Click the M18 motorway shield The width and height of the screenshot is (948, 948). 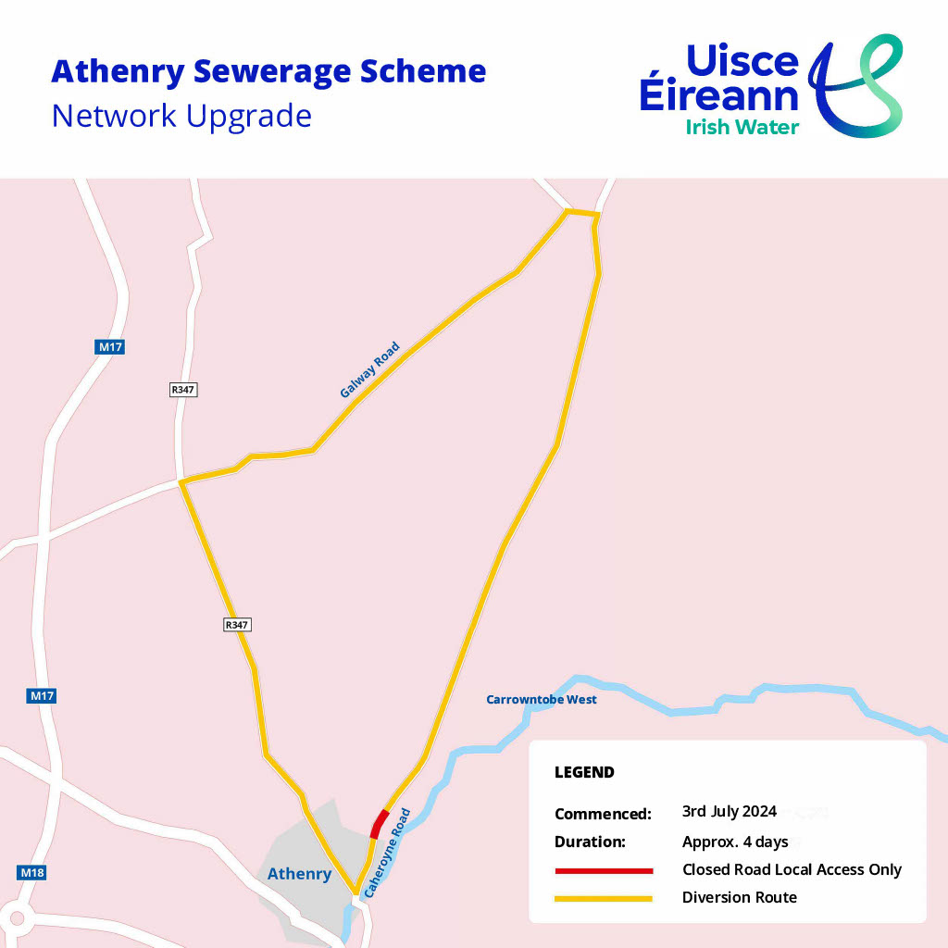(x=31, y=872)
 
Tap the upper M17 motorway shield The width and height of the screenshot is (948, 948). (x=110, y=347)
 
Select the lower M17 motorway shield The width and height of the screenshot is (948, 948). (x=42, y=696)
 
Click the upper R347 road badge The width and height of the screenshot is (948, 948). (x=183, y=390)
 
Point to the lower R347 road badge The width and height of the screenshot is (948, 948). (x=238, y=625)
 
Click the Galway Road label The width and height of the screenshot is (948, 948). (x=369, y=370)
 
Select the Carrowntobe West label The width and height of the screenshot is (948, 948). (x=542, y=700)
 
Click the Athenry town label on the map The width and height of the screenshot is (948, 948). (x=299, y=874)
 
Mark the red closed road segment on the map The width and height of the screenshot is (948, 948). (x=380, y=822)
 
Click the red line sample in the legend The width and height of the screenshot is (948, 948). (x=604, y=871)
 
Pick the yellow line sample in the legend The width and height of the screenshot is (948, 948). (x=604, y=898)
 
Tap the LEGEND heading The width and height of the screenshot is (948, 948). (x=584, y=772)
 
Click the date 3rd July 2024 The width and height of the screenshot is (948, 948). (x=730, y=812)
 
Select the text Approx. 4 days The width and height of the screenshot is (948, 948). (x=735, y=842)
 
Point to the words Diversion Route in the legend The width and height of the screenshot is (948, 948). (x=740, y=897)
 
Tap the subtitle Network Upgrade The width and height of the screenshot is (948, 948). (x=181, y=117)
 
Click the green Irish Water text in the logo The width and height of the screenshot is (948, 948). (x=742, y=127)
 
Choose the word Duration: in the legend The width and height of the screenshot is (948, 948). (x=591, y=842)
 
